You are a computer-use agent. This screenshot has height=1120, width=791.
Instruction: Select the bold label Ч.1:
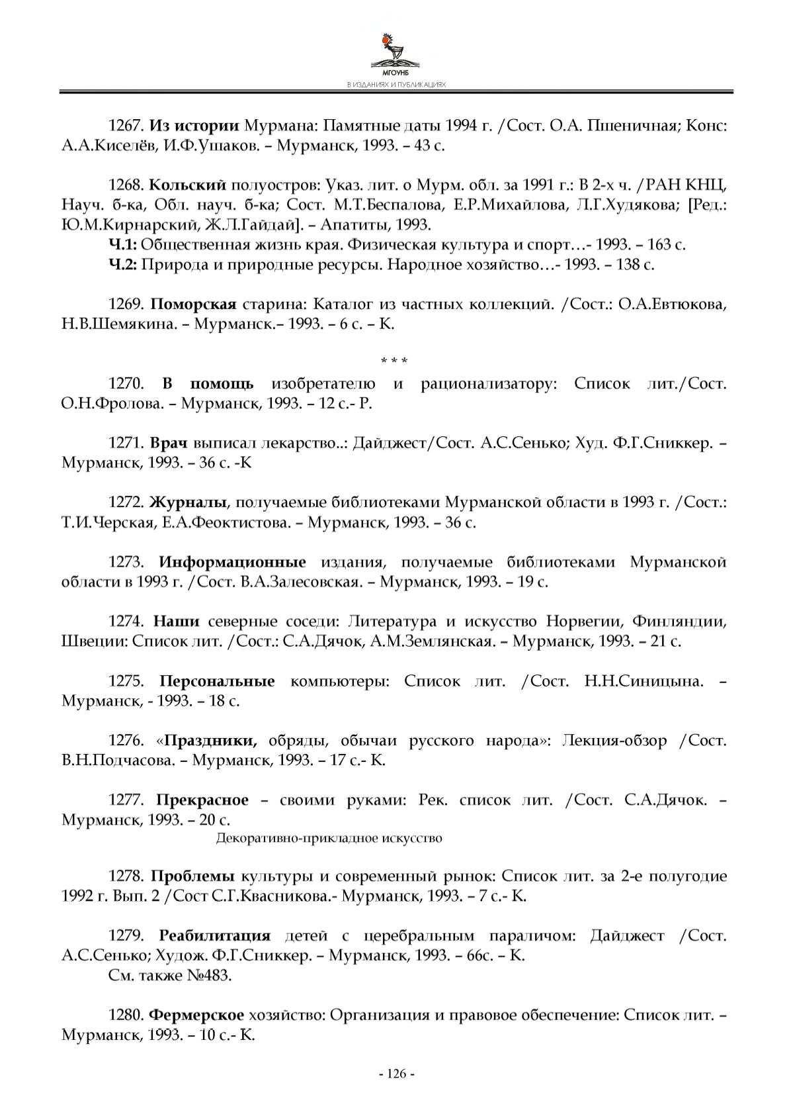pyautogui.click(x=122, y=245)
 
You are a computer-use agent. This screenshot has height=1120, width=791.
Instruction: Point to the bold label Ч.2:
pyautogui.click(x=122, y=265)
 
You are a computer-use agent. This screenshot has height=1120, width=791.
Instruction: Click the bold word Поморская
pyautogui.click(x=193, y=304)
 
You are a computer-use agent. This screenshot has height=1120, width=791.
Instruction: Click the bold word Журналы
pyautogui.click(x=189, y=502)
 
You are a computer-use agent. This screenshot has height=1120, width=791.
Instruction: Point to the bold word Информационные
pyautogui.click(x=232, y=562)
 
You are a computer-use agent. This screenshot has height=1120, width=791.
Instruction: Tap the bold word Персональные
pyautogui.click(x=217, y=681)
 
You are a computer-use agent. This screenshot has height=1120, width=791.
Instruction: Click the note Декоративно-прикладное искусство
pyautogui.click(x=329, y=839)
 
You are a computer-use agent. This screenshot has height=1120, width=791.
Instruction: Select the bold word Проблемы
pyautogui.click(x=192, y=876)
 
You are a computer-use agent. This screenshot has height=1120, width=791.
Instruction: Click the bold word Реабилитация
pyautogui.click(x=215, y=936)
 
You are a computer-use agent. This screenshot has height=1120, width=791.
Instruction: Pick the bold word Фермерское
pyautogui.click(x=196, y=1015)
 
